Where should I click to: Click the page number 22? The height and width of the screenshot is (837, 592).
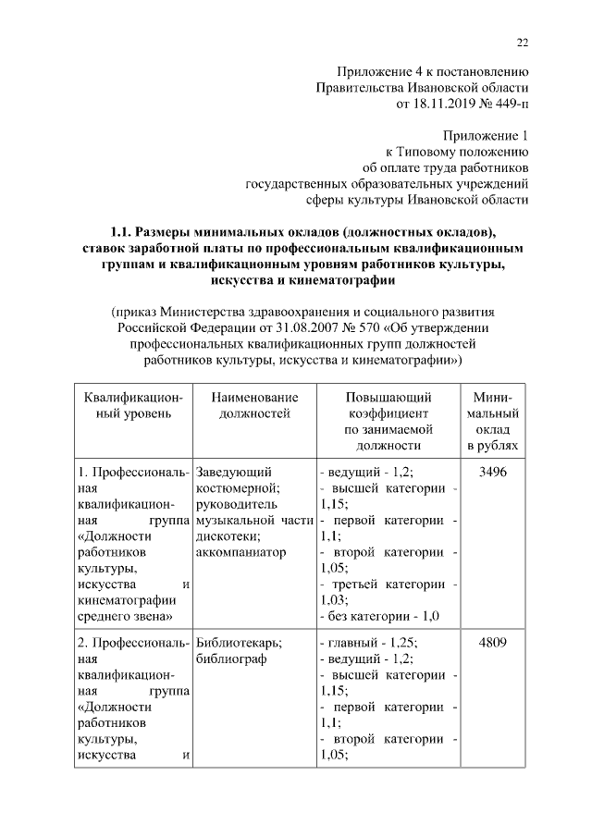click(521, 41)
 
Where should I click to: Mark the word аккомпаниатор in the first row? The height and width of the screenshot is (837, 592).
click(242, 552)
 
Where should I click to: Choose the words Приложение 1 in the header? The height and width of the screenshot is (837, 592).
click(486, 135)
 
